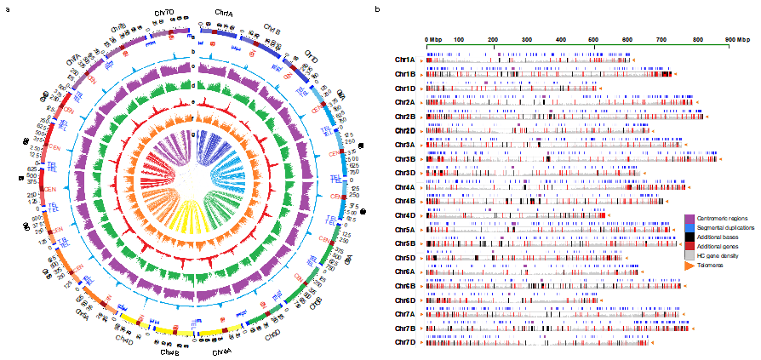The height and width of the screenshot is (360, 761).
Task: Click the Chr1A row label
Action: tap(404, 60)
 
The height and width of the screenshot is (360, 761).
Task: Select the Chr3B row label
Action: tap(404, 158)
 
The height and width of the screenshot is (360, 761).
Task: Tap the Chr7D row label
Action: tap(404, 342)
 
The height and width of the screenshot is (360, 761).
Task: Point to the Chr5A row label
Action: tap(404, 229)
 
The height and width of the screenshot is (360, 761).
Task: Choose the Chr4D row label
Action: tap(404, 215)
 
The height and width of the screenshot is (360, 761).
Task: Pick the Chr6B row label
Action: tap(404, 286)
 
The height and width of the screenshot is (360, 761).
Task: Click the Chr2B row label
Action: tap(404, 116)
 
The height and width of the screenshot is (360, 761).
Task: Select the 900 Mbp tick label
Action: tap(738, 39)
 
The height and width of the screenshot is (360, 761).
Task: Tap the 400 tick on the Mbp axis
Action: tap(561, 39)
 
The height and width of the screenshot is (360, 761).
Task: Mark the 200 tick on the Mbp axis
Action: tap(493, 39)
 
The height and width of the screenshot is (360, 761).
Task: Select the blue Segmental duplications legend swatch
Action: tap(689, 228)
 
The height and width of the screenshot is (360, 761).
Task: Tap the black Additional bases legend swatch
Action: tap(689, 237)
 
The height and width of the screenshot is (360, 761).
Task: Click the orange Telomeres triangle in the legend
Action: tap(689, 266)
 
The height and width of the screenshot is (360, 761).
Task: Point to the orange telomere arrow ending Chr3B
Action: tap(722, 159)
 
